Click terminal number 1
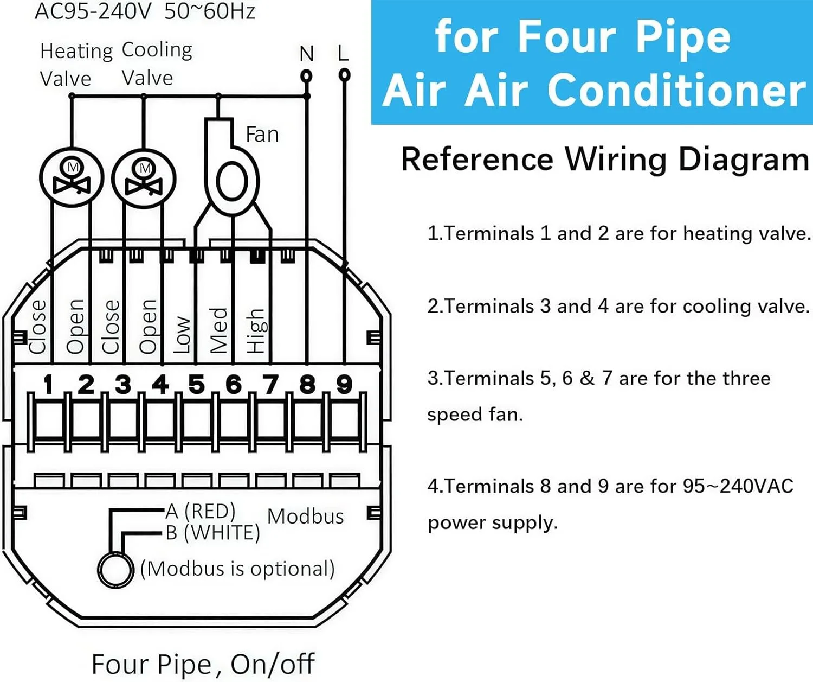[x=48, y=385]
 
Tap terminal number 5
[x=196, y=385]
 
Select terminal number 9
[x=344, y=385]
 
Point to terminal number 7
[x=270, y=385]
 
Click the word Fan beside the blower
[x=262, y=135]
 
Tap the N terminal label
[x=306, y=54]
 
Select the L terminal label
[x=343, y=54]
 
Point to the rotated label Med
[x=218, y=330]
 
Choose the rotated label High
[x=255, y=331]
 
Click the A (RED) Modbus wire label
[x=201, y=511]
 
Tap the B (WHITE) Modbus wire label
[x=212, y=533]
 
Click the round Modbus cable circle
[x=115, y=570]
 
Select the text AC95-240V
[x=93, y=11]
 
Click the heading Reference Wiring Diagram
[x=605, y=160]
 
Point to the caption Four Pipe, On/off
[x=203, y=664]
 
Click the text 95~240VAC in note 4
[x=738, y=486]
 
